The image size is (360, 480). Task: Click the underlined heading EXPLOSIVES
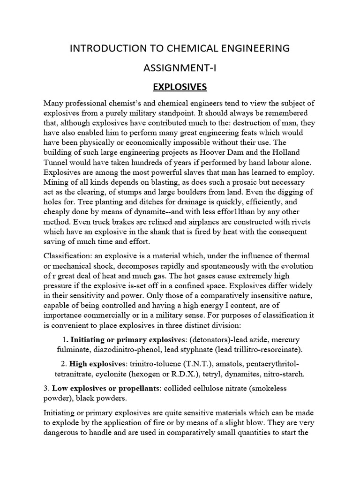click(x=180, y=88)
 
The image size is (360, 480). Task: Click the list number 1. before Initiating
click(x=65, y=339)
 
